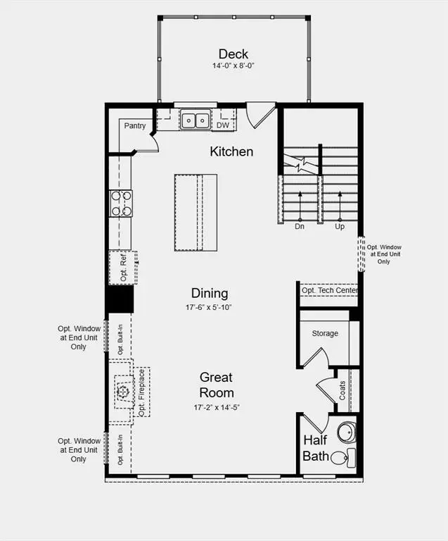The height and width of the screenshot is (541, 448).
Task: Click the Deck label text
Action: click(x=232, y=54)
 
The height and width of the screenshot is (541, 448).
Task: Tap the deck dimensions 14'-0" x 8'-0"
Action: click(x=232, y=66)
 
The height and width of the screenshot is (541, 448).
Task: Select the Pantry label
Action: click(x=135, y=126)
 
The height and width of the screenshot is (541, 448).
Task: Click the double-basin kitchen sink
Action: click(x=195, y=120)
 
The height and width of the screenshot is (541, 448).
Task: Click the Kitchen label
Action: click(x=231, y=151)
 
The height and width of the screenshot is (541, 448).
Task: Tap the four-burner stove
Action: click(x=120, y=203)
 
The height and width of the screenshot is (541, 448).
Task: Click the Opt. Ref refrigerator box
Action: click(x=122, y=267)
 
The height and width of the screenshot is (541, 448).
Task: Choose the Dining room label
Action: click(x=210, y=293)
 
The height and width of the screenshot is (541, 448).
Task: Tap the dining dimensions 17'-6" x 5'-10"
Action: click(x=209, y=307)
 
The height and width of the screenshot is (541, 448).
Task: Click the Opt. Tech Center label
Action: click(x=329, y=290)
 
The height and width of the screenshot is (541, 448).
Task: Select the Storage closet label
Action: click(x=325, y=333)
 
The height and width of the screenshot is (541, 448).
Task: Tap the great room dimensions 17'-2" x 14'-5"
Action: click(x=215, y=407)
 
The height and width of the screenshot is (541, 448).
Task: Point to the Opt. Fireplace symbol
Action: click(x=122, y=392)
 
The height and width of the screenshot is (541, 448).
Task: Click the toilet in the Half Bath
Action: click(x=340, y=458)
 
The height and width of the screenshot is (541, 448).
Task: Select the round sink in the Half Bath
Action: click(x=346, y=431)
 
